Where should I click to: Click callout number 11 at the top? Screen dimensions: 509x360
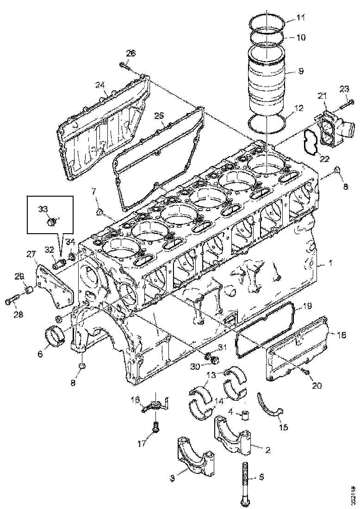[x=301, y=19]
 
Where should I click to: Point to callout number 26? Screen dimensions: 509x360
[x=130, y=54]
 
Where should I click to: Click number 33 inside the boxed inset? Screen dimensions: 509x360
[x=43, y=209]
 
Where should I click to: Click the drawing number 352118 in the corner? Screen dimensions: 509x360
[x=354, y=494]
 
